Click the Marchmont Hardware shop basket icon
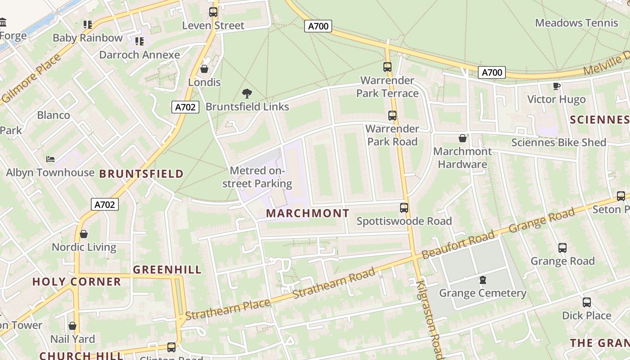click(462, 138)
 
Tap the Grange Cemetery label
click(482, 293)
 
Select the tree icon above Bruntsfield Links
click(247, 94)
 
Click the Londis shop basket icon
click(204, 69)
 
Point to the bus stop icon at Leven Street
click(213, 12)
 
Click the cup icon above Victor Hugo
click(556, 86)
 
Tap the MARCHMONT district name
click(307, 213)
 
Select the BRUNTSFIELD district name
click(141, 174)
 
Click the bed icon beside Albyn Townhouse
click(50, 159)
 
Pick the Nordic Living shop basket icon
click(84, 234)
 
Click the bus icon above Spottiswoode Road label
click(404, 208)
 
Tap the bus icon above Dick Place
click(586, 302)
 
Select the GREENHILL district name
click(167, 270)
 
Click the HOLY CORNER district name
click(76, 282)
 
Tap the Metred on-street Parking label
click(257, 177)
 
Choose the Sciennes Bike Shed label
click(558, 143)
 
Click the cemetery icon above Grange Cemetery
click(483, 280)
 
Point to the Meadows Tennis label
click(576, 22)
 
